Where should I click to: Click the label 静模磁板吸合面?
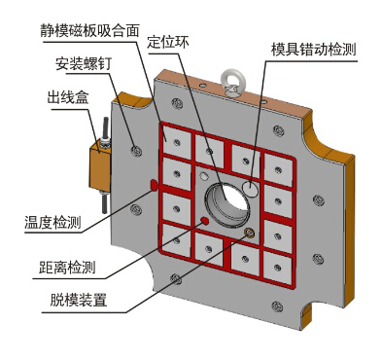coord(89,31)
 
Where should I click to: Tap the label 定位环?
coord(168,42)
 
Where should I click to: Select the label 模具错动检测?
coord(313,50)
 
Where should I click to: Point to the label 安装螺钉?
coord(84,63)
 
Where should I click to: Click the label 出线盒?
coord(68,97)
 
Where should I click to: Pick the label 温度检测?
coord(52,223)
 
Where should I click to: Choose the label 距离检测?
coord(67,268)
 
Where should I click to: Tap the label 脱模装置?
coord(78,300)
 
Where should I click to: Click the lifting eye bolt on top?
coord(232,83)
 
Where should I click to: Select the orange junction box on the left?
coord(100,165)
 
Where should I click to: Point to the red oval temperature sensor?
coord(154,185)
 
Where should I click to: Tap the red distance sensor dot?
coord(204,221)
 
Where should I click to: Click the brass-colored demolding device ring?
coord(249,233)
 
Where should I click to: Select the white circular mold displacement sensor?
coord(251,189)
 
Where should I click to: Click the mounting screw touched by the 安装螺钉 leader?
coord(136,151)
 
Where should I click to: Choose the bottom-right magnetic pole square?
coord(277,268)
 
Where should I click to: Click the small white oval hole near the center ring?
coord(204,176)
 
